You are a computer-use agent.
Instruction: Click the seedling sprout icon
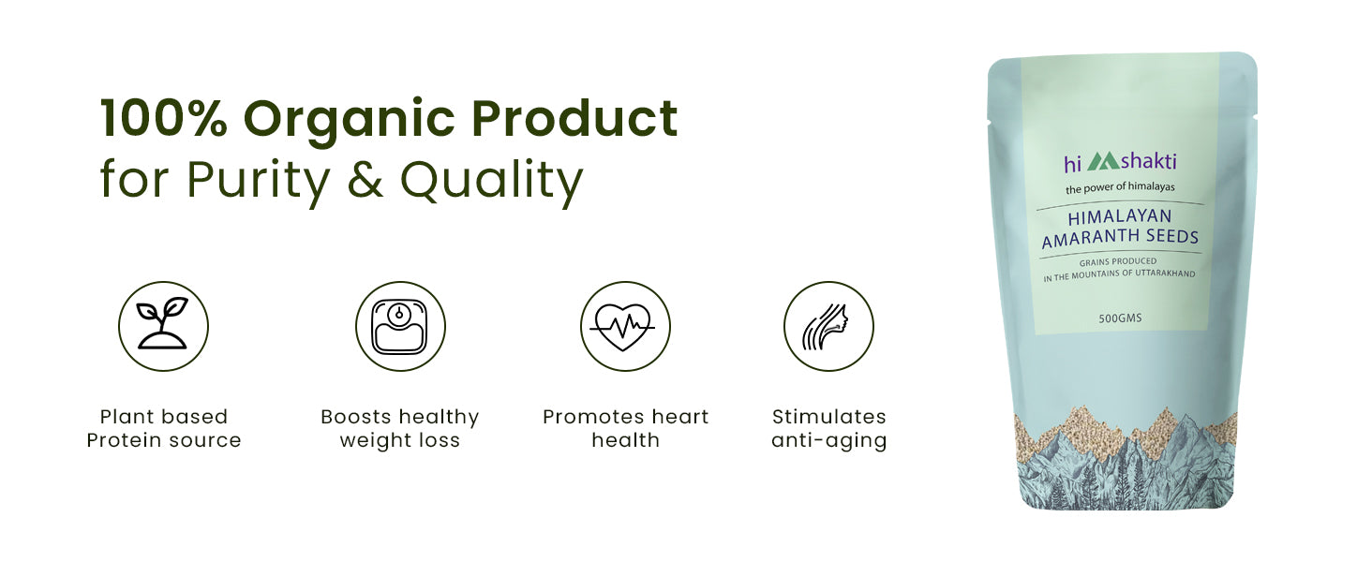(163, 323)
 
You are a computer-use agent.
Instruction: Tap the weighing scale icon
(400, 326)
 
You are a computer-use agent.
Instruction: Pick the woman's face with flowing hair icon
(826, 326)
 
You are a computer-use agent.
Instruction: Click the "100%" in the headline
(164, 118)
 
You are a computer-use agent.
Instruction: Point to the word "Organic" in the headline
(350, 122)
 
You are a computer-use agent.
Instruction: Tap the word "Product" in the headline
(574, 117)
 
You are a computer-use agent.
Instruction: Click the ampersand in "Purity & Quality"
(365, 179)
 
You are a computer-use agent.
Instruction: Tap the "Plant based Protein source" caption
(164, 428)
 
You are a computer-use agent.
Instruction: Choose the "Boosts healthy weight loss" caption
(400, 429)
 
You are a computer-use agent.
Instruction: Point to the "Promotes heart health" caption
(625, 428)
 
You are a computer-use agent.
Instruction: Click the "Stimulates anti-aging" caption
(828, 429)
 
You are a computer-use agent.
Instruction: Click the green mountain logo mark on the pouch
(1103, 162)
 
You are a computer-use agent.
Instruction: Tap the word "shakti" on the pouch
(1148, 160)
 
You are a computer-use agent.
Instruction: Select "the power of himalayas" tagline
(1120, 187)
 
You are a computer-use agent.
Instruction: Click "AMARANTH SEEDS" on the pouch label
(1120, 238)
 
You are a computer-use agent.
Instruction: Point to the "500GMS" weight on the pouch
(1120, 318)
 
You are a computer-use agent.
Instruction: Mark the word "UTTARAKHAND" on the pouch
(1165, 274)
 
